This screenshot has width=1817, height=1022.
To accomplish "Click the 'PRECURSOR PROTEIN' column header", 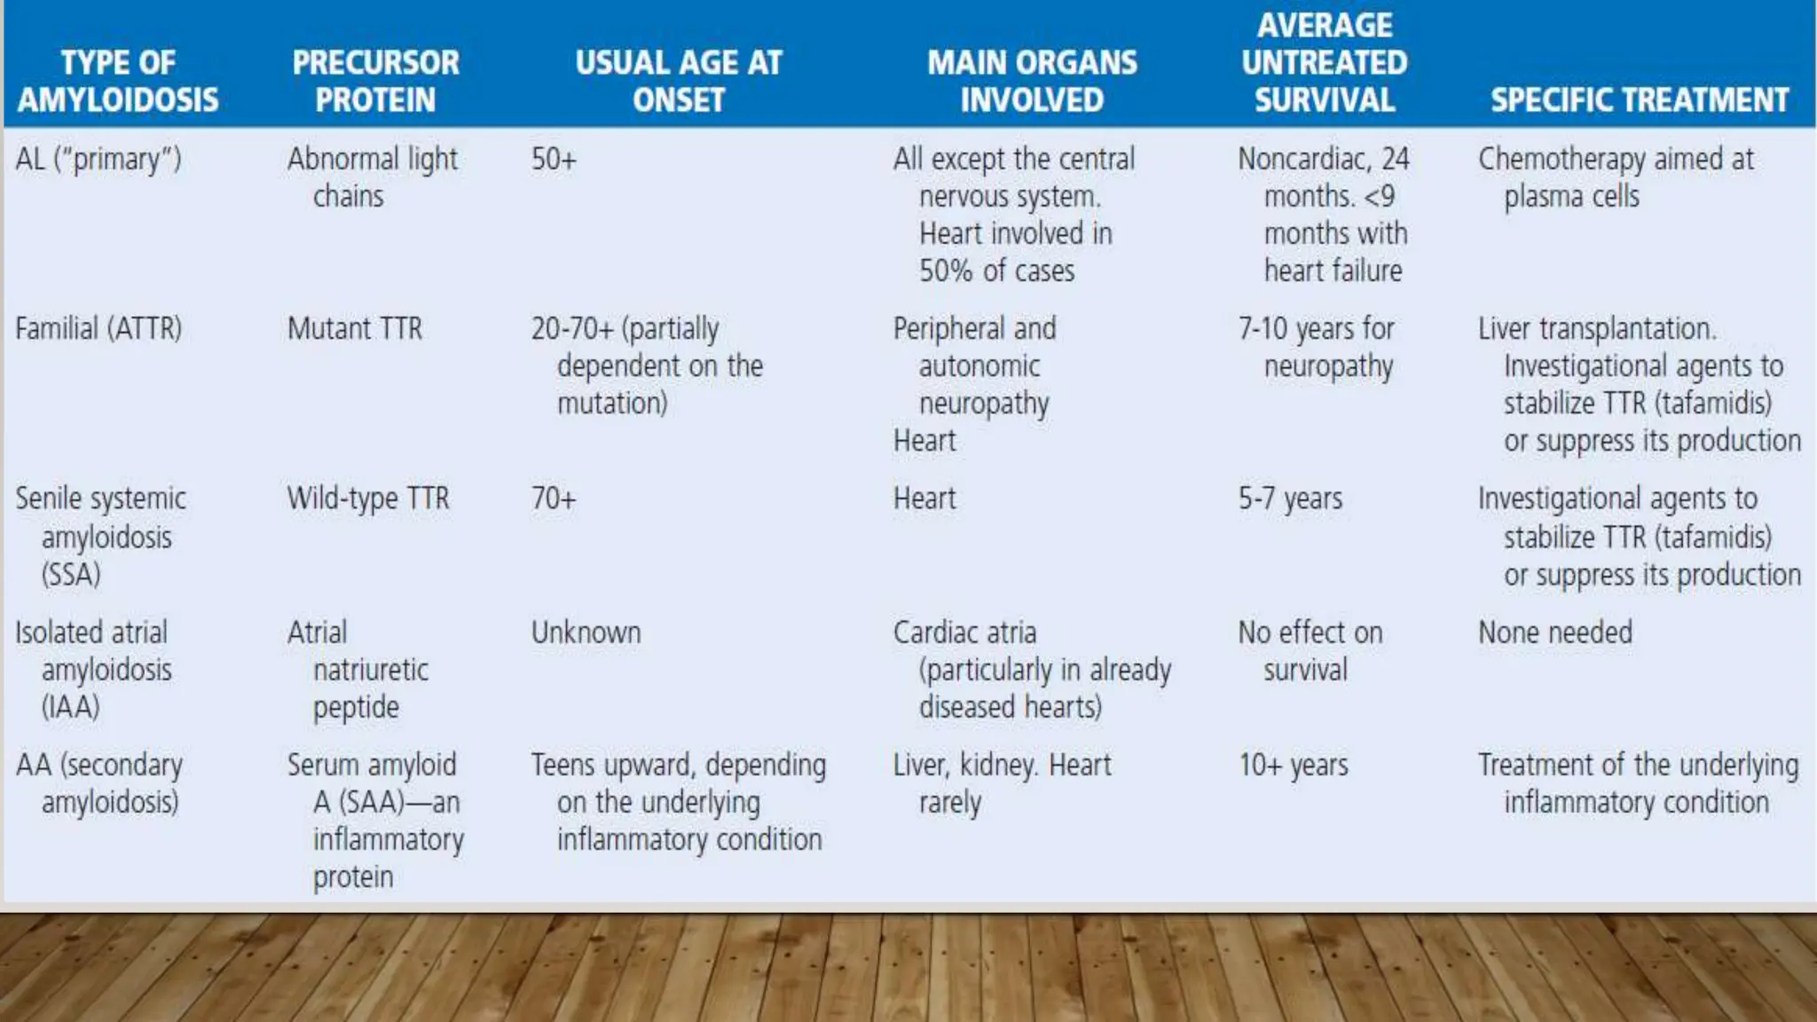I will click(x=375, y=81).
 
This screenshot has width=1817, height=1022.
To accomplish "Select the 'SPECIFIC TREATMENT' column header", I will click(x=1639, y=99).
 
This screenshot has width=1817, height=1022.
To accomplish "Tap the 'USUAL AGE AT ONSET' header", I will click(x=679, y=81).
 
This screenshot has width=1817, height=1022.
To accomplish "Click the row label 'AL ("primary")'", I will click(x=98, y=160).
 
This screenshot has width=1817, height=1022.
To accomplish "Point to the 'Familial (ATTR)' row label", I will click(x=98, y=329).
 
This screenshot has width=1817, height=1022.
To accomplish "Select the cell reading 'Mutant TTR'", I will click(x=355, y=329).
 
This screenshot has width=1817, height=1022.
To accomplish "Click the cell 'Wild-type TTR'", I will click(x=368, y=499).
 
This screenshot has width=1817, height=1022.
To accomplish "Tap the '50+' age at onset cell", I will click(x=554, y=160).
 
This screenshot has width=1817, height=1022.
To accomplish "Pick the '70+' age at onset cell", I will click(x=554, y=499).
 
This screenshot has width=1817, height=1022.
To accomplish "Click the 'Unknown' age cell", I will click(x=586, y=633).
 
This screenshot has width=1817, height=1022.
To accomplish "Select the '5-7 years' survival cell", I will click(x=1290, y=499).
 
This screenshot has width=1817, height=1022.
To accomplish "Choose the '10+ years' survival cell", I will click(x=1293, y=765).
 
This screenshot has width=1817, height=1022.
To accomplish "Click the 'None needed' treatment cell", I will click(x=1554, y=633).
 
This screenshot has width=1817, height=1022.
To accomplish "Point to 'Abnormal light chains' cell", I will click(x=372, y=177).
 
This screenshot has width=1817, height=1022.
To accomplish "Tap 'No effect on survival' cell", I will click(x=1310, y=651).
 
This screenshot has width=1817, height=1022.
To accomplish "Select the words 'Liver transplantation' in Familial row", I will click(x=1595, y=329).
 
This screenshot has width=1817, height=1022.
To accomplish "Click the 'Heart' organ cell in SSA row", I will click(x=924, y=499).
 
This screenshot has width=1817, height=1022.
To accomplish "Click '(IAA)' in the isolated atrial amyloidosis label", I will click(x=70, y=707).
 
